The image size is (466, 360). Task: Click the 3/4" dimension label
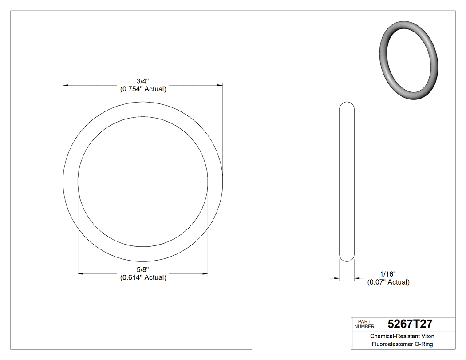click(x=143, y=81)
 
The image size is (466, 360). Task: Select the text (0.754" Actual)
click(x=143, y=89)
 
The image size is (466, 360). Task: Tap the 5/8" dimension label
click(x=143, y=270)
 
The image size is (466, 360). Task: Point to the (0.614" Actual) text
click(x=143, y=278)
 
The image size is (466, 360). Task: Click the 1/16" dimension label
click(x=387, y=274)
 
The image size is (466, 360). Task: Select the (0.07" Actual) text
click(x=388, y=282)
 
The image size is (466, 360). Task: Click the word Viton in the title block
click(x=426, y=336)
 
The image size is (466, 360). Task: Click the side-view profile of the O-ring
click(x=347, y=182)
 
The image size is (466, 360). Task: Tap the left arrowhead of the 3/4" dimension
click(x=66, y=84)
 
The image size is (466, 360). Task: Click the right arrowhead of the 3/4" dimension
click(x=220, y=84)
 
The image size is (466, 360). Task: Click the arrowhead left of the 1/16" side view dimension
click(x=337, y=278)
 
